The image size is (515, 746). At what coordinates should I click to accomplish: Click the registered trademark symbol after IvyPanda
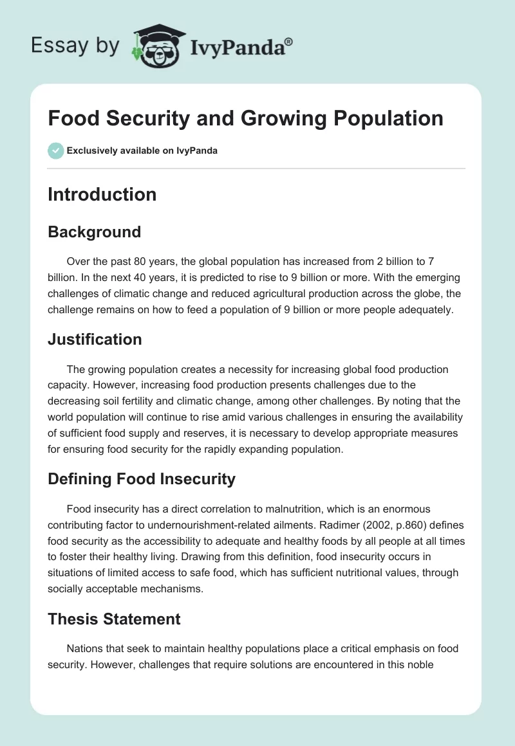(x=289, y=41)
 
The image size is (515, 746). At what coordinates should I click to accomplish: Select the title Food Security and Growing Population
(x=245, y=118)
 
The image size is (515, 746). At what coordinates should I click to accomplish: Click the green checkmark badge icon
(x=55, y=150)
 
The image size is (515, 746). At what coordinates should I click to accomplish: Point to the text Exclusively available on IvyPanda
(x=142, y=151)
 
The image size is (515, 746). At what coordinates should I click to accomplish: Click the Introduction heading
(x=102, y=194)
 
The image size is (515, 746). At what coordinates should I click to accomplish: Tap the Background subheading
(x=94, y=232)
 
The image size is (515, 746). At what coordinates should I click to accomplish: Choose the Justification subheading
(x=95, y=339)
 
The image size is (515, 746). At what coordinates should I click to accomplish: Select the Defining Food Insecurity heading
(x=142, y=478)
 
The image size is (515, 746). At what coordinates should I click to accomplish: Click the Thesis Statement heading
(x=114, y=619)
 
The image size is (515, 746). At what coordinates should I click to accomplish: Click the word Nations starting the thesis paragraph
(x=84, y=649)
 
